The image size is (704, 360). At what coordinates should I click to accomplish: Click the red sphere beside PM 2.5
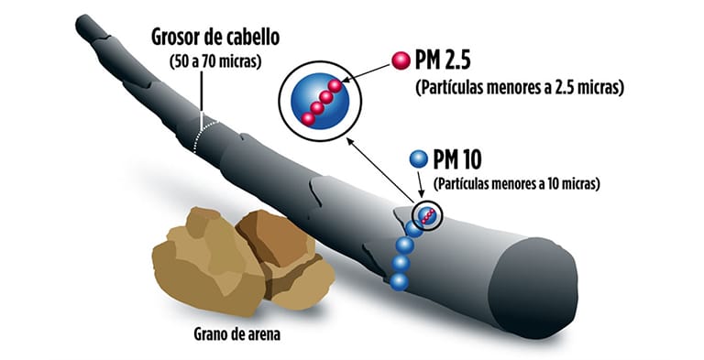pyautogui.click(x=399, y=60)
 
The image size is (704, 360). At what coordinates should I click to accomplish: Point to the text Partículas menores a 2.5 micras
pyautogui.click(x=520, y=88)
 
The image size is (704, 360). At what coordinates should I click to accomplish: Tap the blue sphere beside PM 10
pyautogui.click(x=419, y=159)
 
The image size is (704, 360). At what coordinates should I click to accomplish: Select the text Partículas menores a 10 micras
pyautogui.click(x=516, y=183)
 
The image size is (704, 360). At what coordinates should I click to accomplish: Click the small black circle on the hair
pyautogui.click(x=426, y=215)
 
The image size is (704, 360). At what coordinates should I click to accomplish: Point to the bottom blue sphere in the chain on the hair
pyautogui.click(x=399, y=282)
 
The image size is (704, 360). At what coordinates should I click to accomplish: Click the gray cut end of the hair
pyautogui.click(x=536, y=275)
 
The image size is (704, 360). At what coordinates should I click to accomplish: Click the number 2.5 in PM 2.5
pyautogui.click(x=467, y=62)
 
